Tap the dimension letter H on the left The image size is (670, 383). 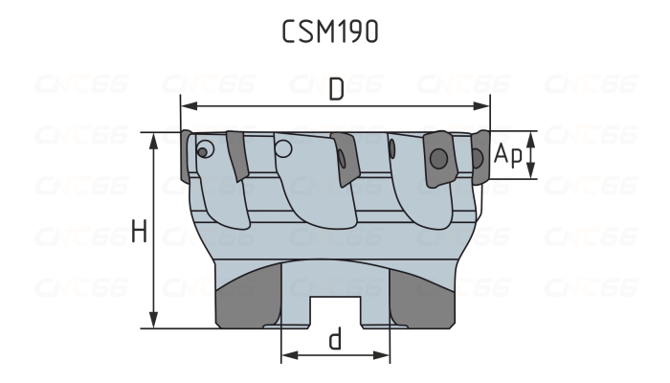139,232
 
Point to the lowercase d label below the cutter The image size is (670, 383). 335,340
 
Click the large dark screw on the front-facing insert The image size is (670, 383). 438,156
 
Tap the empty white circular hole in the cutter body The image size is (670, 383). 283,148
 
